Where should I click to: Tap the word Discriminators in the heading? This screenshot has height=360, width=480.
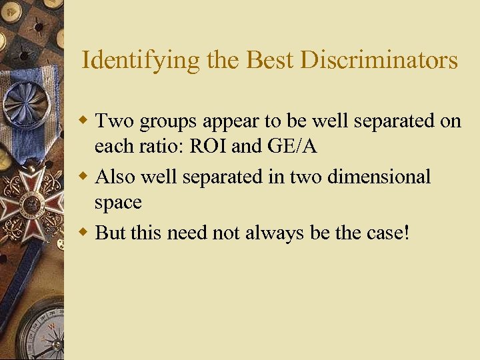tap(380, 61)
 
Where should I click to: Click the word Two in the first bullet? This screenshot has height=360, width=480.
tap(112, 121)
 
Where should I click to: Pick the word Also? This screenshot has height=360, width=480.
tap(115, 177)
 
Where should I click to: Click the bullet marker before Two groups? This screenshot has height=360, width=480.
tap(85, 121)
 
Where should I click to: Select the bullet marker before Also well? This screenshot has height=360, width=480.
tap(85, 177)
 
